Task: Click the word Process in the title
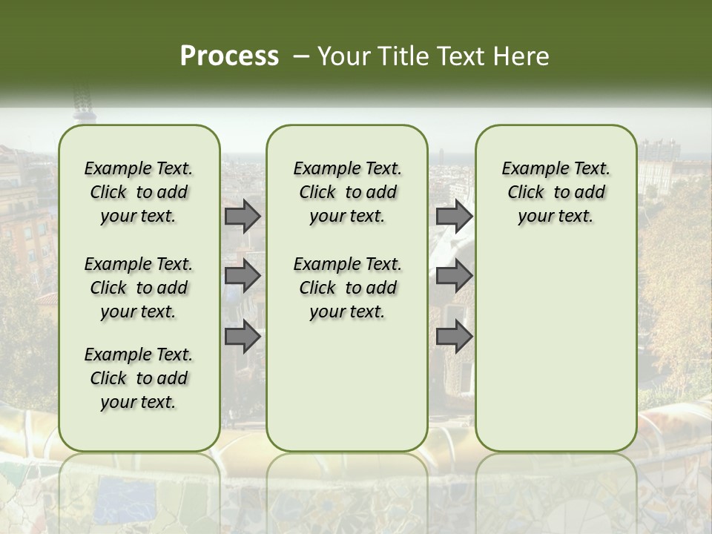(x=229, y=56)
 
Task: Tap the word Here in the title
(x=523, y=56)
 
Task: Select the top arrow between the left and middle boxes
(x=243, y=216)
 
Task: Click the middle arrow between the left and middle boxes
(x=243, y=276)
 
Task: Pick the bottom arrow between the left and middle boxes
(x=243, y=337)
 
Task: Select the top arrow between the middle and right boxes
(x=454, y=216)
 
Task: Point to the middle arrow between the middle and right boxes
(x=454, y=276)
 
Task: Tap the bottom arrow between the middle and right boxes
(x=454, y=337)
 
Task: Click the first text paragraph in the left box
(x=139, y=192)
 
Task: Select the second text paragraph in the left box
(x=139, y=288)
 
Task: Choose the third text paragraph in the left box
(x=139, y=378)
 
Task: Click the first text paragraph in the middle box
(x=347, y=192)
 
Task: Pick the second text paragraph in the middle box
(x=347, y=288)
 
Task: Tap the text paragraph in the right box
(x=556, y=192)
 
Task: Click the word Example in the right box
(x=530, y=169)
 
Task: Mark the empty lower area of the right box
(x=556, y=349)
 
